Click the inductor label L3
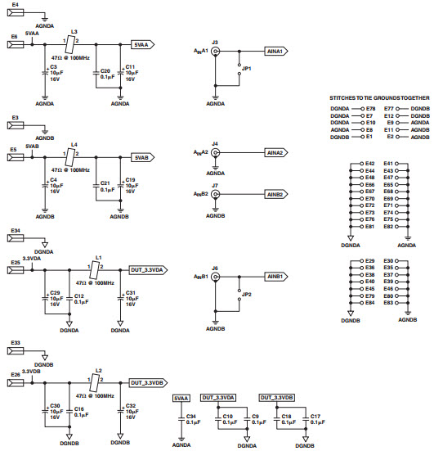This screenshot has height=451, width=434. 75,29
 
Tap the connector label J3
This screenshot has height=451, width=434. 215,41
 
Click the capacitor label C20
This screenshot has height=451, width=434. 105,71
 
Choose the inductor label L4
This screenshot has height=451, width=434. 75,144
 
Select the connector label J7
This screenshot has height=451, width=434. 215,186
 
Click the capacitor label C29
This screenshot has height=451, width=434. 55,292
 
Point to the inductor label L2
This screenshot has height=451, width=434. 98,370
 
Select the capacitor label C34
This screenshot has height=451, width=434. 193,417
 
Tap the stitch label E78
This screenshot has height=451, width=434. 370,108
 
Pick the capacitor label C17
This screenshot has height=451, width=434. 315,417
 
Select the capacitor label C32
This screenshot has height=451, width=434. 130,406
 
